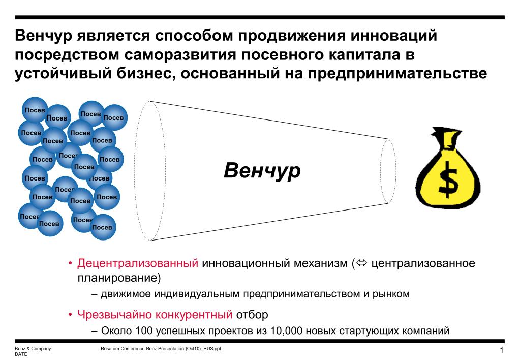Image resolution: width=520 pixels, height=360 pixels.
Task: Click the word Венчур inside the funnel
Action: click(262, 171)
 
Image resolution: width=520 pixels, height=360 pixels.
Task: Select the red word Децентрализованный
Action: click(137, 264)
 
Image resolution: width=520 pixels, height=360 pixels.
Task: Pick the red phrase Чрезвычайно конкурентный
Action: click(155, 314)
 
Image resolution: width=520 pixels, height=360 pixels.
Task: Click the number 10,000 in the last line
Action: click(287, 331)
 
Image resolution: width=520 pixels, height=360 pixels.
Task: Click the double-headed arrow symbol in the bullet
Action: click(361, 264)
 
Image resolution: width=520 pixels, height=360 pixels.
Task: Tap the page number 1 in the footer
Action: click(501, 351)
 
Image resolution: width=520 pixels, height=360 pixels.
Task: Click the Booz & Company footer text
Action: click(33, 349)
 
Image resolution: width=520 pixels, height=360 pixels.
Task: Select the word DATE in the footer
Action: click(21, 354)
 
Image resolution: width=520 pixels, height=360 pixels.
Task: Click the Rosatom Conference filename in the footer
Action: click(161, 349)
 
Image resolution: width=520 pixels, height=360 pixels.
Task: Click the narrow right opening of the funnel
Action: click(388, 171)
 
